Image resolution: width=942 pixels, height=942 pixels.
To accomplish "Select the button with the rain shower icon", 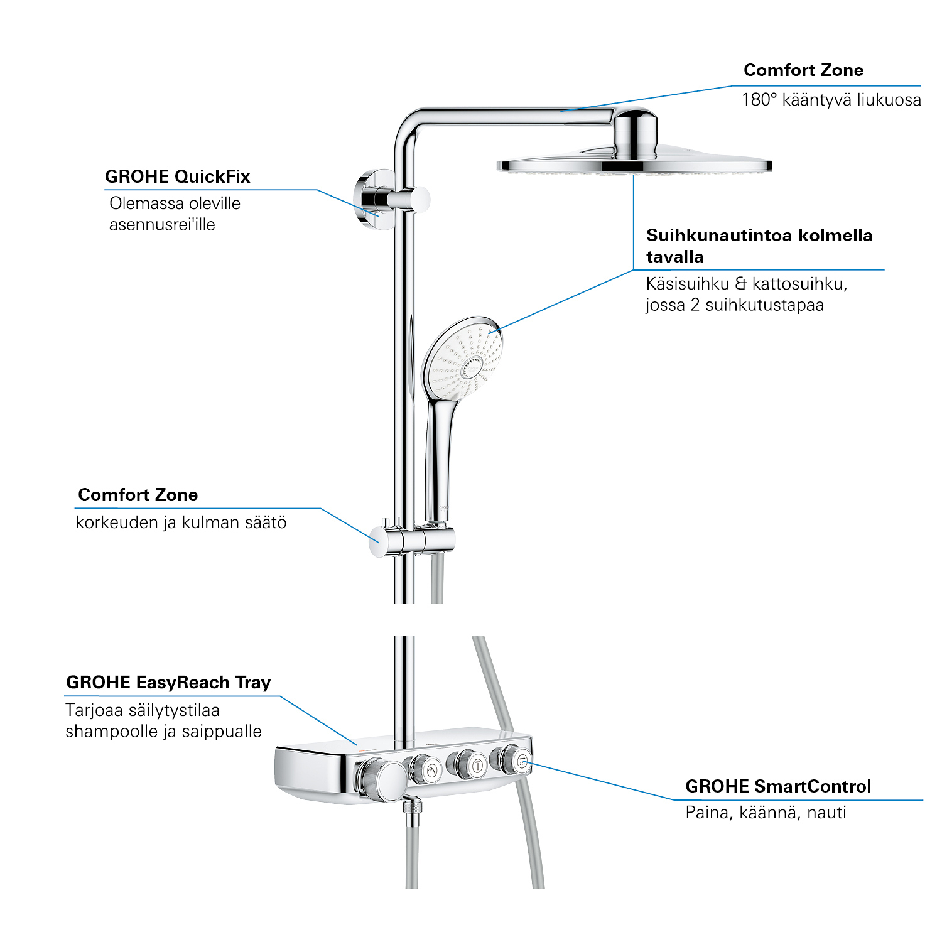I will [522, 762].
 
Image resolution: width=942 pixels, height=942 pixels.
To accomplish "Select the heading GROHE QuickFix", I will [177, 177].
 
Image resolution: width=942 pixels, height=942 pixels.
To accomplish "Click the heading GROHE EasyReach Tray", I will [168, 683].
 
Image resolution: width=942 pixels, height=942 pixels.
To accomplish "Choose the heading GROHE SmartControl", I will [778, 786].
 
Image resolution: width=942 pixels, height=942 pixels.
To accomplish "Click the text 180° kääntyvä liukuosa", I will [831, 100].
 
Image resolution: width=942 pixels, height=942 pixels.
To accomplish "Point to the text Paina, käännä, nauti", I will [766, 813].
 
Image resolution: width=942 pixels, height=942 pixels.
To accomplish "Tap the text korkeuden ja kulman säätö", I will [181, 522].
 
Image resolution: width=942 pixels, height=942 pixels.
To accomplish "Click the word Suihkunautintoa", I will [719, 235].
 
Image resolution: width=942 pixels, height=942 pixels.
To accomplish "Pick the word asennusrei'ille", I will [162, 225].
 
